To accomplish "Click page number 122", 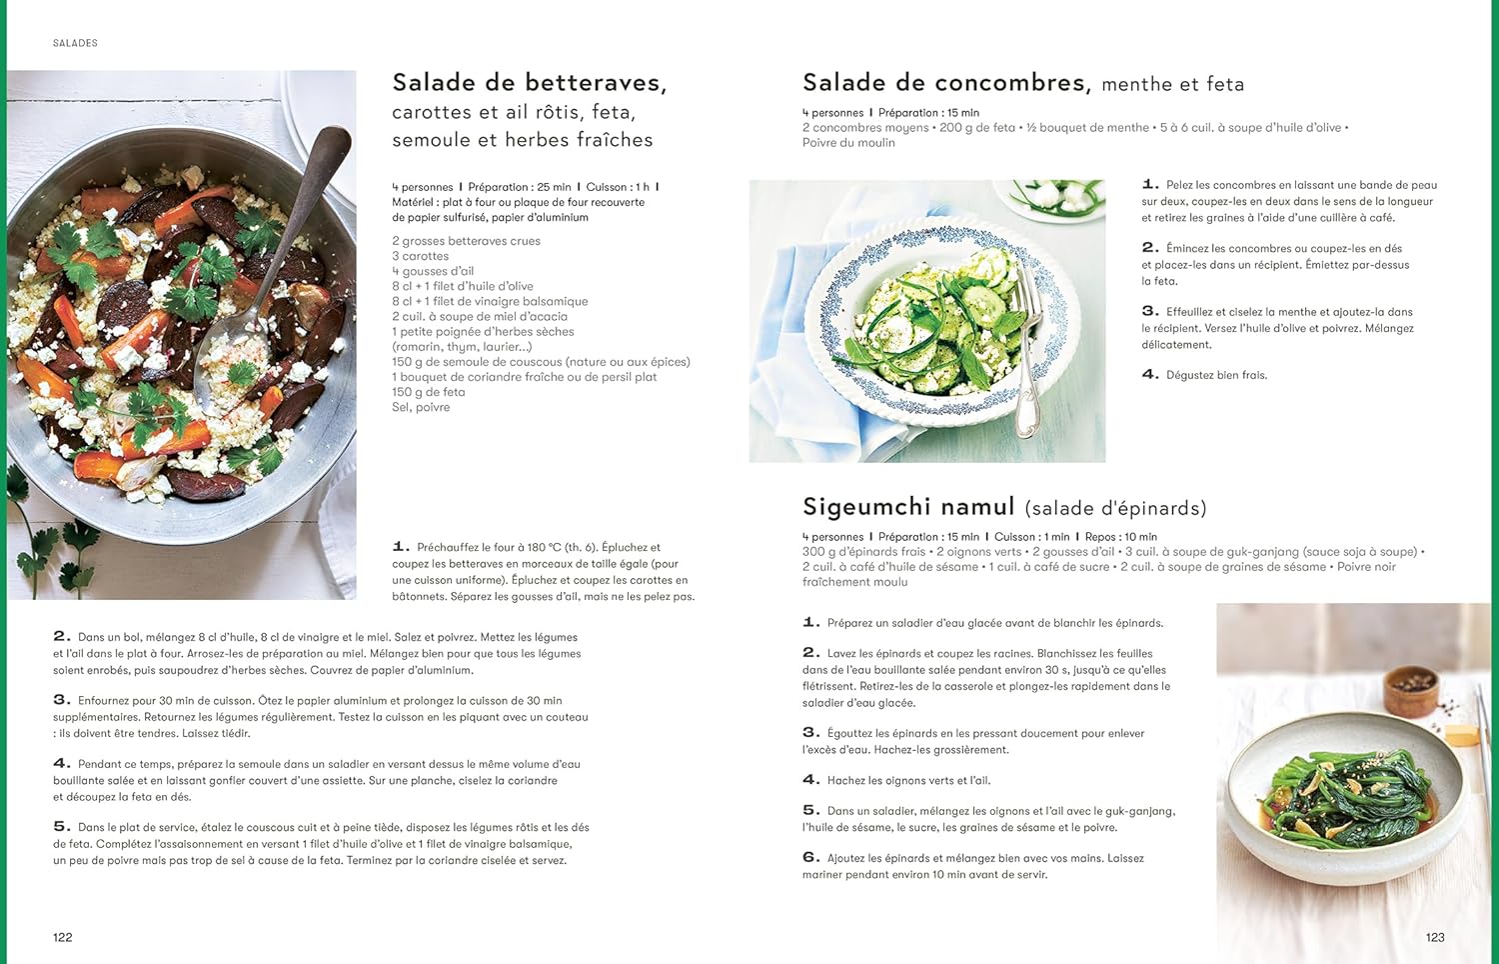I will (x=62, y=937).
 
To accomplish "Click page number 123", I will (x=1435, y=937).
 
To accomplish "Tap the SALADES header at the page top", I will (x=75, y=43).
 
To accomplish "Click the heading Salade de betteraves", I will (x=529, y=83).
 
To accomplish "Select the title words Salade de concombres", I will (x=944, y=83).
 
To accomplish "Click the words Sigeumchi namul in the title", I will (x=908, y=507).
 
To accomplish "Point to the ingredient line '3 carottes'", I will (x=420, y=256).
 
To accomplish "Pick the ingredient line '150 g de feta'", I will (x=428, y=392).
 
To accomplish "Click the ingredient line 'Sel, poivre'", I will (x=421, y=407).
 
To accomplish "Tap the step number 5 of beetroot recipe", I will (x=61, y=826).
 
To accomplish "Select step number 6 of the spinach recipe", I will (x=810, y=857).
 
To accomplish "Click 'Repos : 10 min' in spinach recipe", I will (x=1120, y=537).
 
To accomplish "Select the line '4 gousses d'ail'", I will (x=433, y=271).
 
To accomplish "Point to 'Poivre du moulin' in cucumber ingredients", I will (x=848, y=143).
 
